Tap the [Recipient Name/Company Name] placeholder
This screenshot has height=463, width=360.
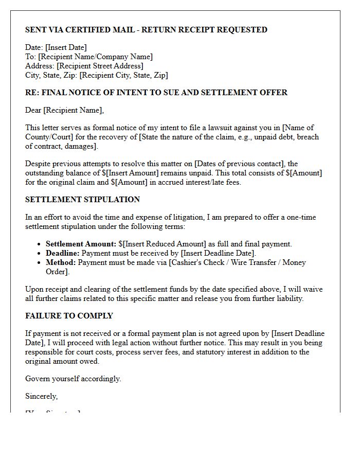(x=95, y=57)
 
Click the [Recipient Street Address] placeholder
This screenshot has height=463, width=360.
(x=100, y=66)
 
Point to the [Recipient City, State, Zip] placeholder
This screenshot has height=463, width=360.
(x=124, y=76)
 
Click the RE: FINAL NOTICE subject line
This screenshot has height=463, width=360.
(x=156, y=93)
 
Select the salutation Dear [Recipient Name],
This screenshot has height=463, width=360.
(x=64, y=110)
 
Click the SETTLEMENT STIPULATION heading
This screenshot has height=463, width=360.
(x=82, y=200)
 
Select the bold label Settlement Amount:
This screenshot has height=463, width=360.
(x=81, y=244)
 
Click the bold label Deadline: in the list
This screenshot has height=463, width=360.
(x=63, y=254)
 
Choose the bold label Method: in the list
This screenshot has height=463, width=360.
(x=61, y=263)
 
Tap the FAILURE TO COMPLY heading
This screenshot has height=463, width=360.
(x=69, y=316)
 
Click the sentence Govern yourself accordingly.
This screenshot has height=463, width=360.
(x=73, y=379)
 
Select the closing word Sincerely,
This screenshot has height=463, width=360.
(x=42, y=397)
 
